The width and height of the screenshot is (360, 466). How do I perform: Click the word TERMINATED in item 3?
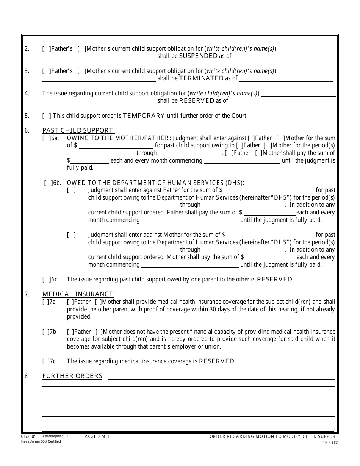201,78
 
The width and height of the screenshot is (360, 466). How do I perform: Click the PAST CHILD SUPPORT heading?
78,130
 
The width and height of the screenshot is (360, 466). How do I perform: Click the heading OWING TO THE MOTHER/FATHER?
118,138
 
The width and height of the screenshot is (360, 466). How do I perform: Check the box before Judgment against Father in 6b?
72,190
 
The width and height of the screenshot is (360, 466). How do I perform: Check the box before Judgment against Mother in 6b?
72,235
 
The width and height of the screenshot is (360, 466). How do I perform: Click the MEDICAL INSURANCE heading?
78,294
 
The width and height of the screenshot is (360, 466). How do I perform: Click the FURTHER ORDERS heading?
72,376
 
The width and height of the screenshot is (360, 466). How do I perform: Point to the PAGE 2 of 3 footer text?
97,436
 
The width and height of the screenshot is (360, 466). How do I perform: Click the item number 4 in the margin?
27,93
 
